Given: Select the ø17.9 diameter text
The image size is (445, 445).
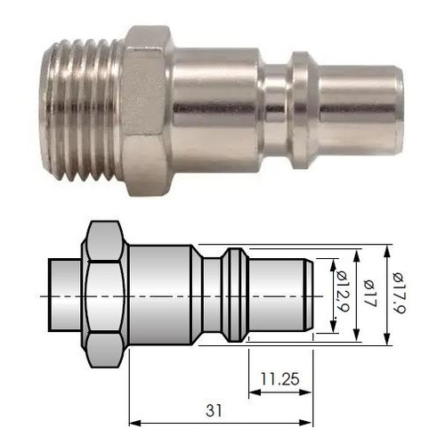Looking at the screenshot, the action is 399,293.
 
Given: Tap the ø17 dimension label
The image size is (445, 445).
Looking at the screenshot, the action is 370,294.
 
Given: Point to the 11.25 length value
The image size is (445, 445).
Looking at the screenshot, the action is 280,379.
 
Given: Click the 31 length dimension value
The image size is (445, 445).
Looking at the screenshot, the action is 214,411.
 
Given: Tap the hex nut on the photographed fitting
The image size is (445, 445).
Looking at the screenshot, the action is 146,110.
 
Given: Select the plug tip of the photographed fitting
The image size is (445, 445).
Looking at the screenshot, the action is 361,110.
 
